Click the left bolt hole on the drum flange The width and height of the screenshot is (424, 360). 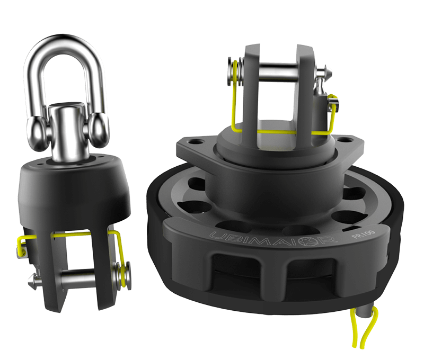point(192,142)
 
